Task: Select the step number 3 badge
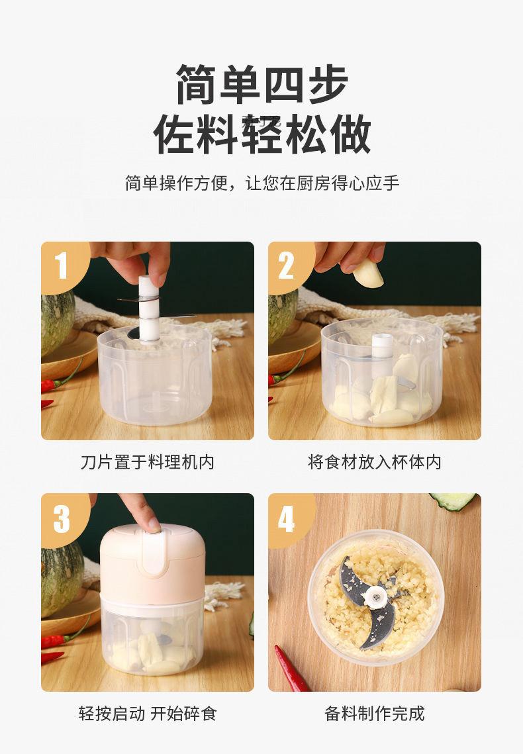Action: click(62, 518)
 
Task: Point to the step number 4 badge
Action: click(287, 518)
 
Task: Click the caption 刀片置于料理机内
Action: click(147, 462)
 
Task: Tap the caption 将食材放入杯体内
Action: click(375, 462)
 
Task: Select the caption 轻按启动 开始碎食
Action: click(148, 714)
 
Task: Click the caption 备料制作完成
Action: click(375, 714)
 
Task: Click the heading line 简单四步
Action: click(262, 84)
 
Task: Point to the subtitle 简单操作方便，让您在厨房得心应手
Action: click(262, 183)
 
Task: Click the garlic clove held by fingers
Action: click(367, 273)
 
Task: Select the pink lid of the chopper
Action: click(152, 563)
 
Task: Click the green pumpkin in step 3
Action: click(62, 579)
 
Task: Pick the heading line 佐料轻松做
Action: click(262, 134)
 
